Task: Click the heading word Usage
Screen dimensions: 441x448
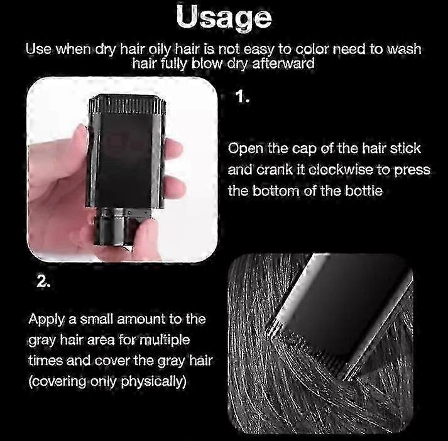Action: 224,18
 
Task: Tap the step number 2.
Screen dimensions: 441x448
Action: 43,281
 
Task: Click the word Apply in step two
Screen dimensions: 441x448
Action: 46,318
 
